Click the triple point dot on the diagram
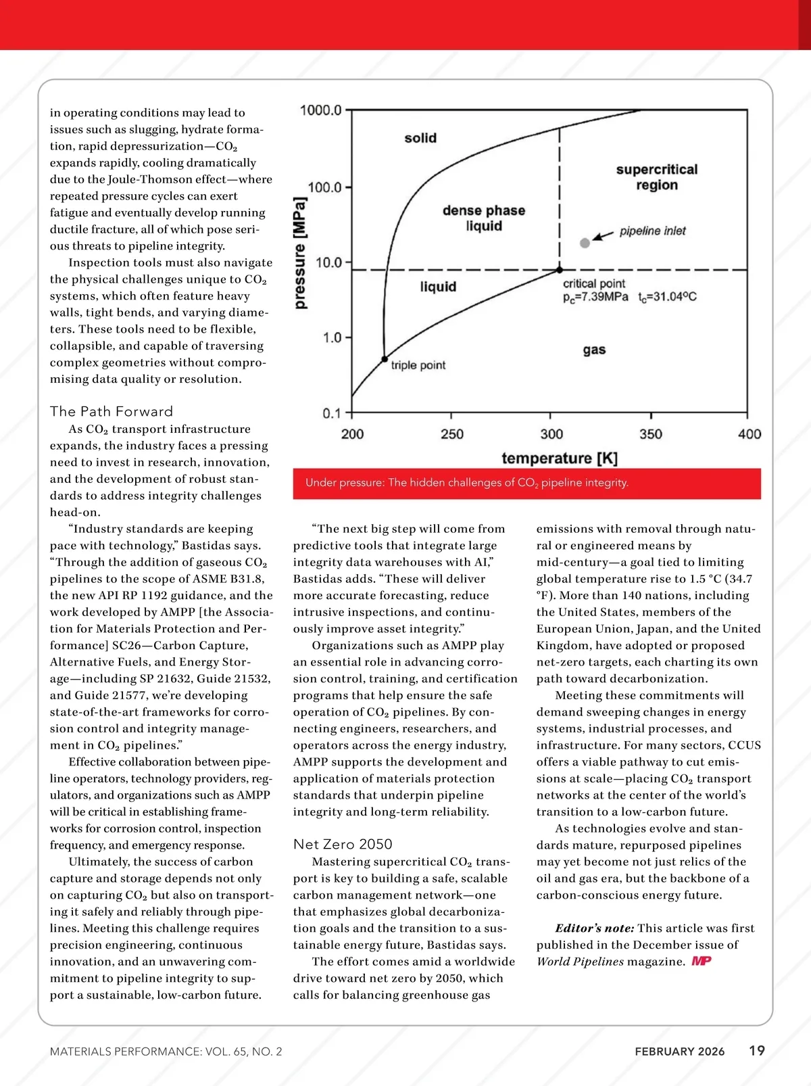point(385,359)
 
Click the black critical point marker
point(560,270)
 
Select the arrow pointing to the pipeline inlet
point(603,235)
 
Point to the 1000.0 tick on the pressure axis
point(321,110)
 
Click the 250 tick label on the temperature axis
point(451,434)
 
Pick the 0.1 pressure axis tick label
point(332,413)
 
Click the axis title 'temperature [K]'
point(559,458)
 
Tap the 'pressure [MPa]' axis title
point(301,253)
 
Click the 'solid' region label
point(420,138)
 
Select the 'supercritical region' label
point(656,177)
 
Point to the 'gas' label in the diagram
point(594,350)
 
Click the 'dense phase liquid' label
point(484,218)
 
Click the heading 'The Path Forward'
point(112,411)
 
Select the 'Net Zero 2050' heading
point(343,844)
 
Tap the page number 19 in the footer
point(757,1050)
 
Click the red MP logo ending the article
point(702,961)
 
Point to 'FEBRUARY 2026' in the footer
point(679,1052)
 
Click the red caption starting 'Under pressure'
point(466,483)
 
